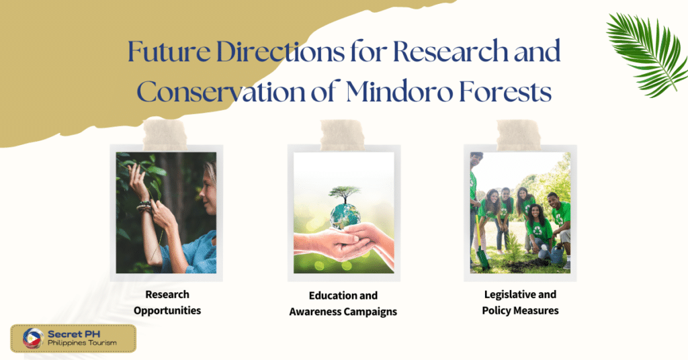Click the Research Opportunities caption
167,302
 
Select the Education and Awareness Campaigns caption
343,304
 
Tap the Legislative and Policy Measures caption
520,302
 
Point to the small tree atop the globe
344,194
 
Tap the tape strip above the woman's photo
165,134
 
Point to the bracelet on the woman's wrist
145,206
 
